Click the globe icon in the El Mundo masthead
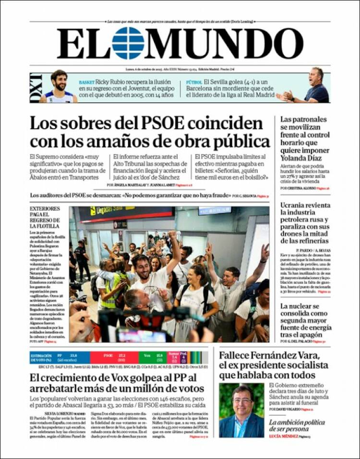coord(128,43)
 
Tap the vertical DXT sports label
coord(36,88)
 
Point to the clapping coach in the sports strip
coord(312,86)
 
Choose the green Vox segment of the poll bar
coord(153,357)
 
